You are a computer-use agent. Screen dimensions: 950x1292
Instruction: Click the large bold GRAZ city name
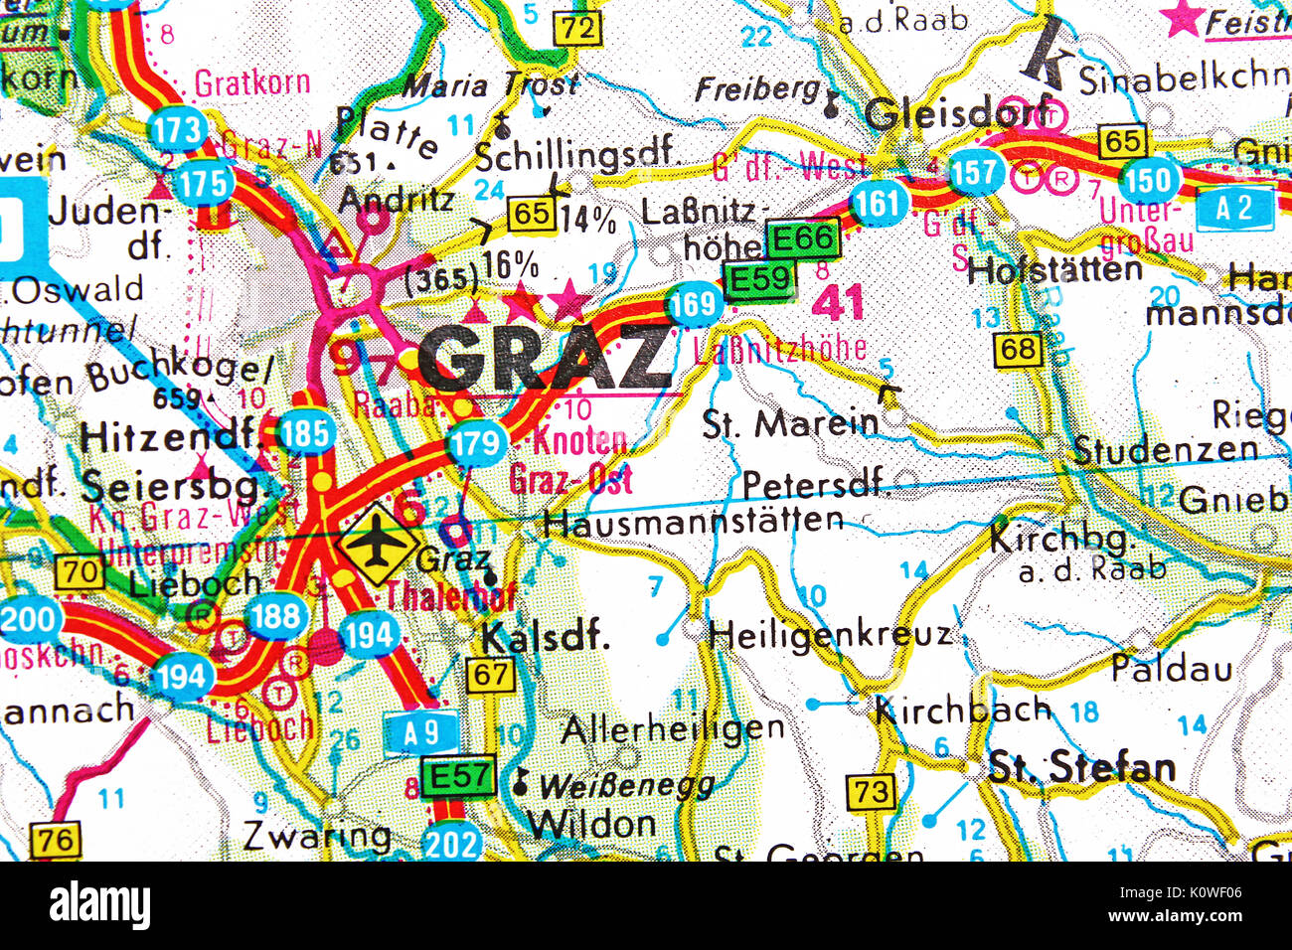point(545,357)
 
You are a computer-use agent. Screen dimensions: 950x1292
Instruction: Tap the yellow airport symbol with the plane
point(377,545)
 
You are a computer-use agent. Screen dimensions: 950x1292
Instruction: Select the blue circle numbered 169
point(693,303)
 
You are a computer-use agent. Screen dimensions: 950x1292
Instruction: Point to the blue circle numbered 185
point(305,434)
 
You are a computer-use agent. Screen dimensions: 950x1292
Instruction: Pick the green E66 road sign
point(802,238)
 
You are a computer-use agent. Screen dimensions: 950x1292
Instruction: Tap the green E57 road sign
point(458,776)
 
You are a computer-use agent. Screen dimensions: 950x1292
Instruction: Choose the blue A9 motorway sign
point(421,732)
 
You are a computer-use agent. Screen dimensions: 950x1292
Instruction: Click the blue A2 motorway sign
point(1234,209)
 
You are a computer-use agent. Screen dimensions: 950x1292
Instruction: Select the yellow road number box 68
point(1018,349)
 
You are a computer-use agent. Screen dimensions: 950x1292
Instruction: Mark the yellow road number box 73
point(871,792)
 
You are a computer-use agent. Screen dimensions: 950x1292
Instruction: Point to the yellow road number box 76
point(56,840)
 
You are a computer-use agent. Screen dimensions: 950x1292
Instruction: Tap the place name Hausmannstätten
point(694,521)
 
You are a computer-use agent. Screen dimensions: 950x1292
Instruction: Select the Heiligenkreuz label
point(830,633)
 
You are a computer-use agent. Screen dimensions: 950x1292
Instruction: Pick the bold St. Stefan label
point(1081,767)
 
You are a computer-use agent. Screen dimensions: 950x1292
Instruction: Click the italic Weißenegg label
point(626,786)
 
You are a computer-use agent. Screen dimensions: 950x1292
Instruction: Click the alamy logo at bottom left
point(100,906)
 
